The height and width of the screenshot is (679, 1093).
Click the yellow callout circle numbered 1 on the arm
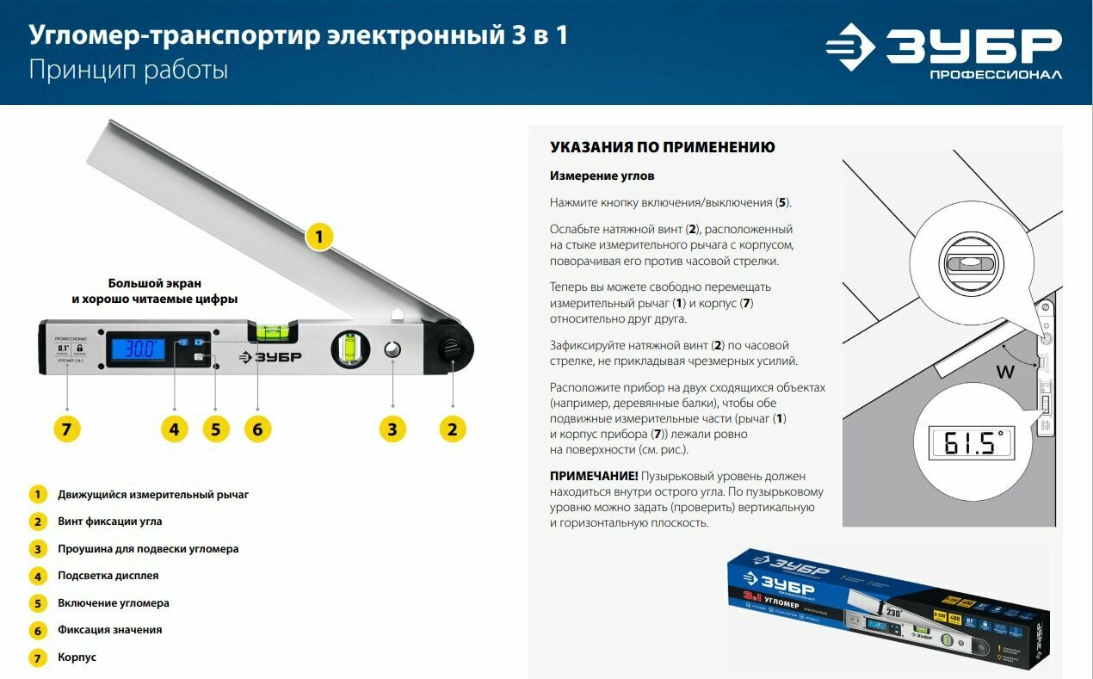pos(319,236)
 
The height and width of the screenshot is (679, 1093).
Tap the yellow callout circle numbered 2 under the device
pos(453,428)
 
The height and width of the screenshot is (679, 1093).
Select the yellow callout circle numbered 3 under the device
pos(392,428)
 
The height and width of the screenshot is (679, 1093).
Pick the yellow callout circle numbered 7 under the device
pos(67,428)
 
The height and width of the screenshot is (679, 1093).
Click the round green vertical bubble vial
pos(349,349)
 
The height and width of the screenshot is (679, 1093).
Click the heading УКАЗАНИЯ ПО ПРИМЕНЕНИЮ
pos(663,147)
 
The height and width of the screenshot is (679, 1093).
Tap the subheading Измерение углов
pos(602,176)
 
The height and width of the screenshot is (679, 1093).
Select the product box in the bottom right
pos(888,608)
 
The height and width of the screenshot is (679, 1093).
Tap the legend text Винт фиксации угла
pos(110,522)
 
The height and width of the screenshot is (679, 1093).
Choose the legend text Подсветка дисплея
pos(108,576)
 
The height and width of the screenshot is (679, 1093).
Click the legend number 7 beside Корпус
pos(37,657)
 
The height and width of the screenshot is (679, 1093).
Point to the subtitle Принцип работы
pos(128,70)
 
